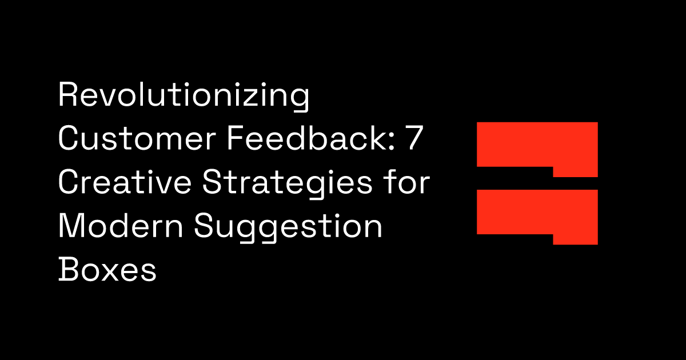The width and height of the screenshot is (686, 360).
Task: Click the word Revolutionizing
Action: pyautogui.click(x=184, y=96)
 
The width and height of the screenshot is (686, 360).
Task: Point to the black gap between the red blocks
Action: pyautogui.click(x=514, y=178)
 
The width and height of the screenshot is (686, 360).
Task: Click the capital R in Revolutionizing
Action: pyautogui.click(x=67, y=96)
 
